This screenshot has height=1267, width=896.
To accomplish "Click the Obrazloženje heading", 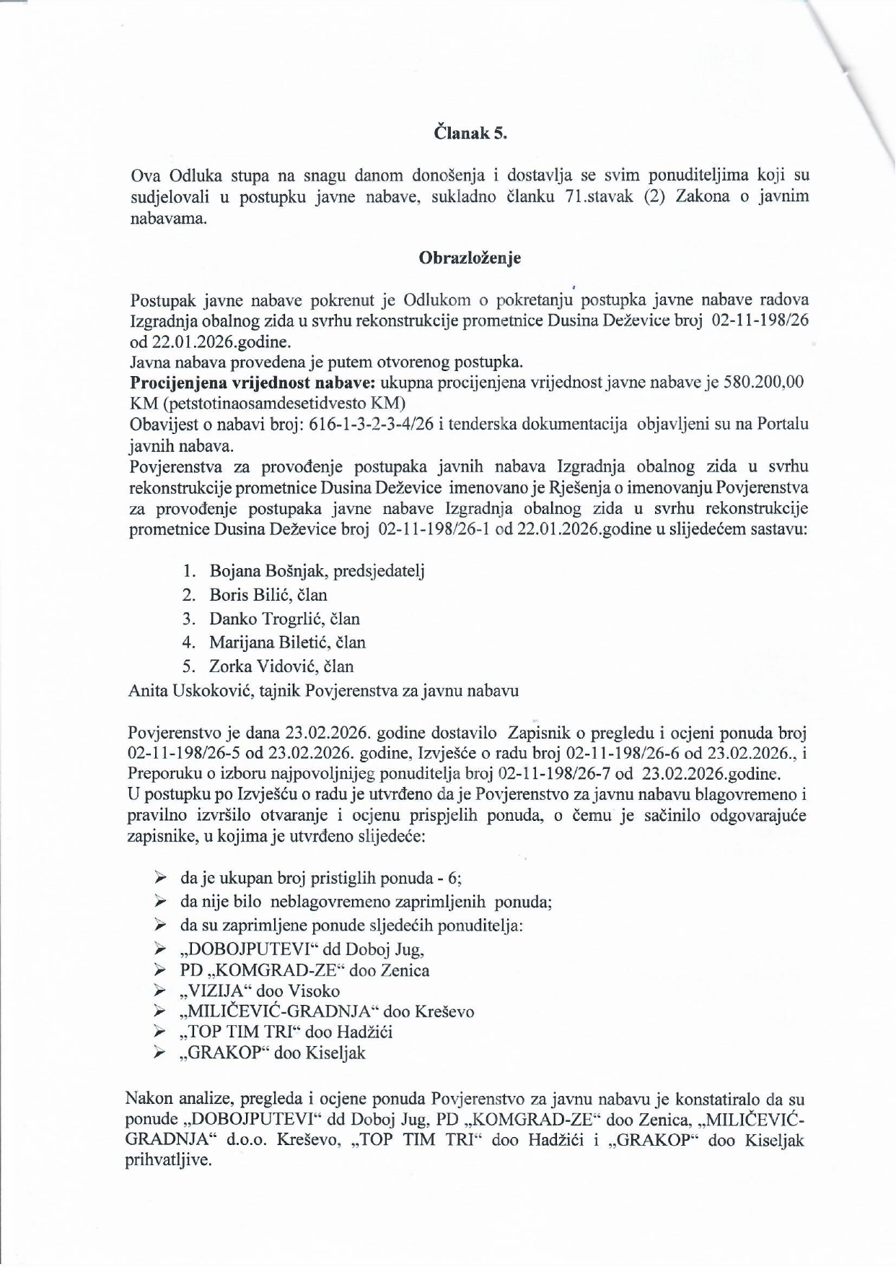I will tap(470, 258).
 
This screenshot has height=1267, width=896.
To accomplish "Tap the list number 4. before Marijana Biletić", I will tap(189, 642).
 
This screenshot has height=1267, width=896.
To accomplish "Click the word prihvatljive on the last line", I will tap(168, 1162).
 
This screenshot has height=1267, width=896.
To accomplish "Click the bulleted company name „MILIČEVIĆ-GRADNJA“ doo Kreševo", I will tap(327, 1011).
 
